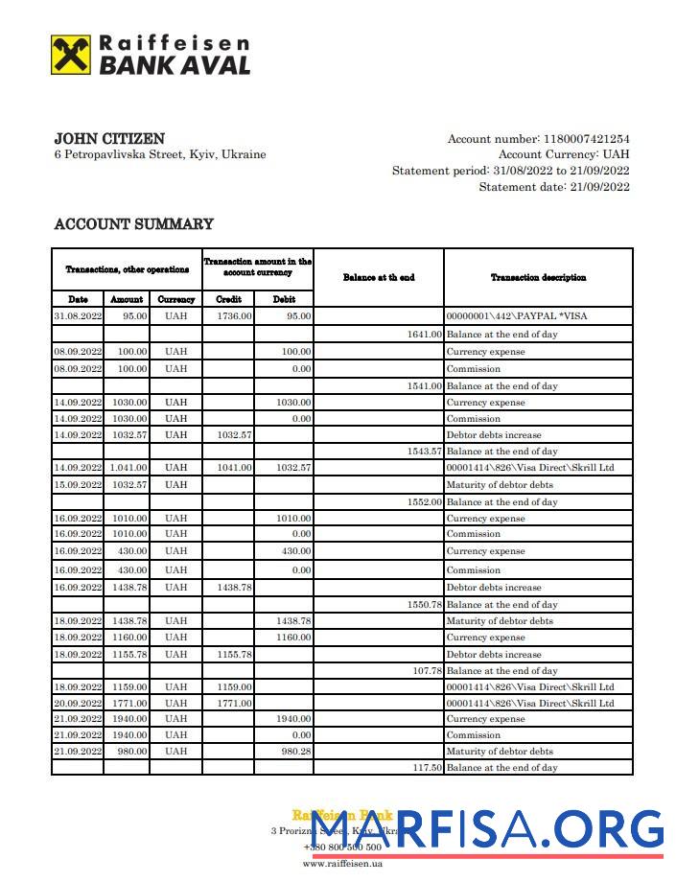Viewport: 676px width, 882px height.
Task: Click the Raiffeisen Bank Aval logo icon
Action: pos(71,56)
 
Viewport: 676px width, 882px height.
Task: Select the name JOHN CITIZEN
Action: pos(108,139)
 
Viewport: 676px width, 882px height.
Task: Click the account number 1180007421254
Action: pos(586,139)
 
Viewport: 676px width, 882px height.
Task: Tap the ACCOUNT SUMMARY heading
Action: pos(133,224)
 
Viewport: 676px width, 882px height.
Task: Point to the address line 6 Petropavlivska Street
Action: pos(160,155)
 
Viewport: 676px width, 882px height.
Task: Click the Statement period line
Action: pos(510,171)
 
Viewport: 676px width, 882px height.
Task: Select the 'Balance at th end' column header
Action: pos(378,278)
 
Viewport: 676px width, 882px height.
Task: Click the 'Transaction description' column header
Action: pos(538,278)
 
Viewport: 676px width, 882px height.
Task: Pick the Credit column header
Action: pos(228,299)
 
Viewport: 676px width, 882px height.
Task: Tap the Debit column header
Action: pos(284,299)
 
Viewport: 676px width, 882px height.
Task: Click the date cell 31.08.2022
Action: pos(78,315)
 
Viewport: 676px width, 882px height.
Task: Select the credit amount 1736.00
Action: pos(234,315)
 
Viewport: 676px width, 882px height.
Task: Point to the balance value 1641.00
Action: pos(425,335)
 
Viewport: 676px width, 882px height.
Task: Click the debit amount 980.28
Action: pos(293,752)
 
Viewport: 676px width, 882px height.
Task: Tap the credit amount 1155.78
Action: pos(234,655)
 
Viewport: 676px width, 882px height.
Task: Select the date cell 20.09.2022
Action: pos(78,704)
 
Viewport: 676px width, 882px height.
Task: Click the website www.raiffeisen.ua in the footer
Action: pos(342,863)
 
